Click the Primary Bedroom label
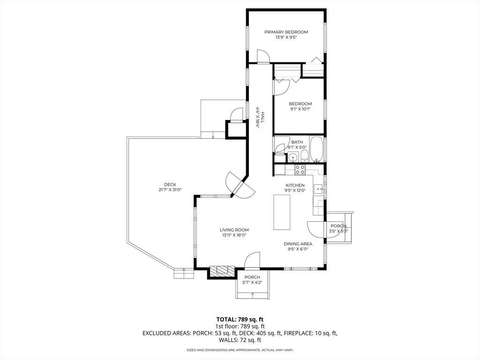coord(286,32)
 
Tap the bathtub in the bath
coord(316,149)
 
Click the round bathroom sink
coord(292,157)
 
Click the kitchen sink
coord(318,189)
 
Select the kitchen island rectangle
coord(282,212)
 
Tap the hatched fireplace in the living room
coord(222,270)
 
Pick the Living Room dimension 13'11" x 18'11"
coord(234,235)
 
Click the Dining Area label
coord(298,244)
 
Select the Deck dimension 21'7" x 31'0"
coord(170,190)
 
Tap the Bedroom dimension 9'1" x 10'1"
coord(300,109)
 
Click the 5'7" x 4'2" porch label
coord(252,283)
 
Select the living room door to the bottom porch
coord(252,261)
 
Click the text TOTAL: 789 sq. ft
coord(240,319)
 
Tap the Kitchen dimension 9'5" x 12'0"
coord(295,191)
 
